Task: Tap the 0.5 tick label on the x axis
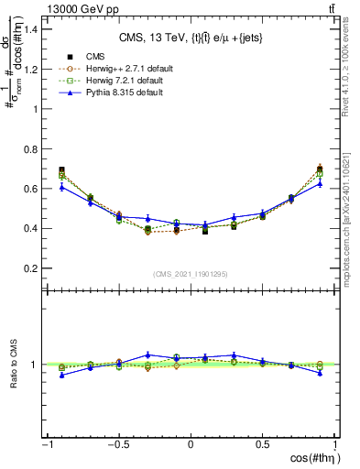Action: coord(262,445)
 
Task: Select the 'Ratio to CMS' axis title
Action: coord(12,377)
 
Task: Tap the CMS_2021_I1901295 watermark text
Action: coord(190,275)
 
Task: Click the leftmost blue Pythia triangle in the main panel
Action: coord(61,187)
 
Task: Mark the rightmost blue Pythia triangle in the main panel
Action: coord(319,183)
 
